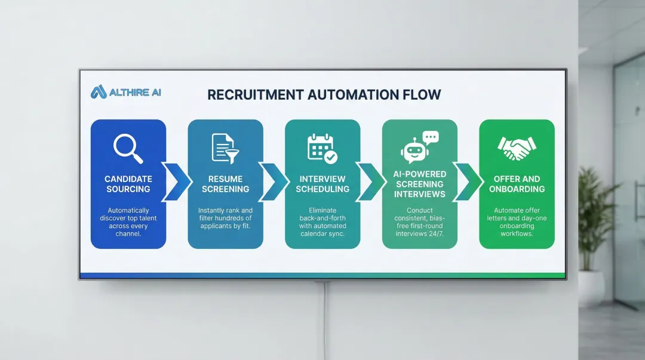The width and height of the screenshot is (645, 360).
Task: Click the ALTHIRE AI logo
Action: pos(126,92)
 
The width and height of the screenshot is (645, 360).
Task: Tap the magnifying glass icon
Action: pos(128,147)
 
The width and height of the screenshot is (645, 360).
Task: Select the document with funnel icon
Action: pos(225,148)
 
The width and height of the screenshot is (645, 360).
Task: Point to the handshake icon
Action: pos(517,148)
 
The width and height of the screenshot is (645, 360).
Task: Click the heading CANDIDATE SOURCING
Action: pos(128,184)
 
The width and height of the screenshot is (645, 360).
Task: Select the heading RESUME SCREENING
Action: pos(225,184)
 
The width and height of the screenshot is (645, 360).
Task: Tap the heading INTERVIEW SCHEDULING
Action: pos(322,184)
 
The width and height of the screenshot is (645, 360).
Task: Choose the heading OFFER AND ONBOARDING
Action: pos(517,184)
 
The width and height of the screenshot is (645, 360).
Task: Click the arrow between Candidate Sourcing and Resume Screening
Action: pos(177,181)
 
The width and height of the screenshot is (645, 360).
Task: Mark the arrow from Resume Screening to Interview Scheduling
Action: pos(274,181)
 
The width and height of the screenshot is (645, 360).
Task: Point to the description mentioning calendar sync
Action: pos(322,221)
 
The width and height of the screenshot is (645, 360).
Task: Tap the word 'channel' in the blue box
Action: pos(128,233)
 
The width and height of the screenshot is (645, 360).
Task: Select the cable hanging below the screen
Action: pos(324,322)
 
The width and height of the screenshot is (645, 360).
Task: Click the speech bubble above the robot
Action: pos(431,138)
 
